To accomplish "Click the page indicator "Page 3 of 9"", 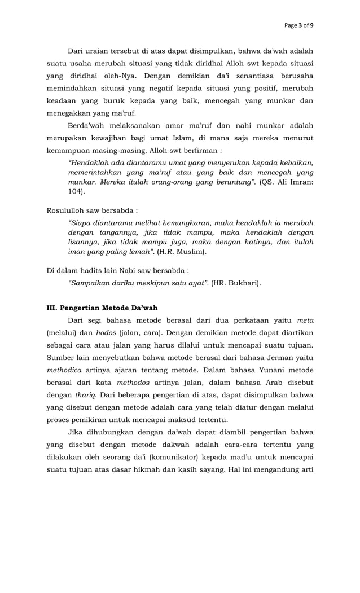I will point(299,25).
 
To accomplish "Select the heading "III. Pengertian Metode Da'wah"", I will point(102,308).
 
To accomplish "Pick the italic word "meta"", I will point(305,320).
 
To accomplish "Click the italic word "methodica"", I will point(64,370).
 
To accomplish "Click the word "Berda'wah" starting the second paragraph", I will point(86,125).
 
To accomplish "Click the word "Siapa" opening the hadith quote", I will point(79,222).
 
